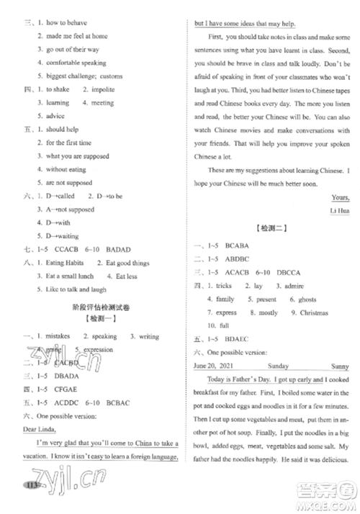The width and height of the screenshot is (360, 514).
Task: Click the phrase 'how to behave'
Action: [66, 22]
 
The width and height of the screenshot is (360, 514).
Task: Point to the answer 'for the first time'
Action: [69, 143]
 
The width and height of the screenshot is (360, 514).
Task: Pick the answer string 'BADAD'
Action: [122, 249]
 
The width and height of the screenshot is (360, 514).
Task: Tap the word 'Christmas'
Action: [313, 313]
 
